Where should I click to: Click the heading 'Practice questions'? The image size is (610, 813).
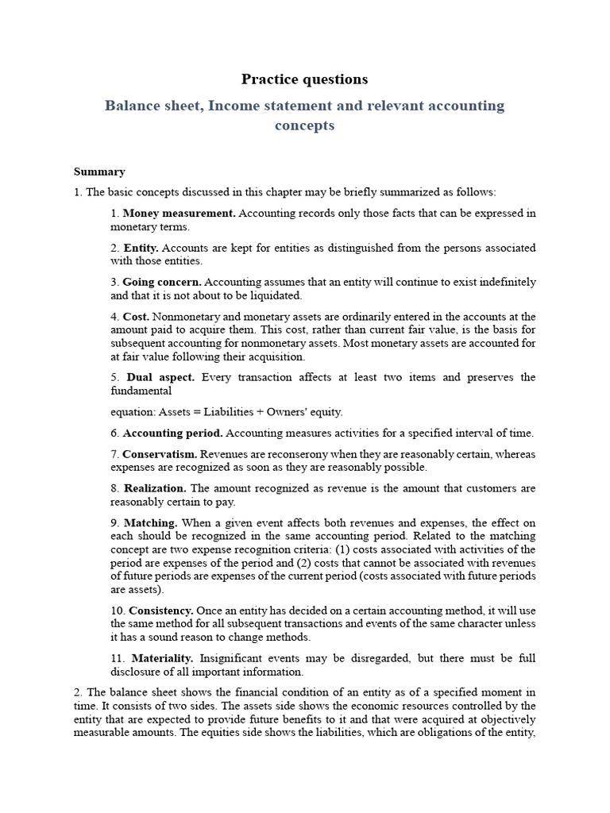click(305, 79)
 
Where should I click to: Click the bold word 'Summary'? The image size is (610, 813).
click(99, 171)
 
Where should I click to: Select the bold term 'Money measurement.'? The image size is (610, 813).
click(180, 214)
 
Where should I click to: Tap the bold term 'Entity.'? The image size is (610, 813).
click(141, 248)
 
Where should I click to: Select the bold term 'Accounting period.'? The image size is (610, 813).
click(172, 433)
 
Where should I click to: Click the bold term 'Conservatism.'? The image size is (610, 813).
click(160, 453)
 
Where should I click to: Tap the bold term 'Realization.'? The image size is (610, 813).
click(155, 487)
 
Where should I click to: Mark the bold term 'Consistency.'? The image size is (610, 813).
click(161, 611)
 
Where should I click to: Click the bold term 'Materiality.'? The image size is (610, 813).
click(162, 658)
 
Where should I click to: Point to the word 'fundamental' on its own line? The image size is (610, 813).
click(141, 391)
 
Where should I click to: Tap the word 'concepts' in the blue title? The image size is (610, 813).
click(305, 125)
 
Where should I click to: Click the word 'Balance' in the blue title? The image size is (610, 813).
click(132, 106)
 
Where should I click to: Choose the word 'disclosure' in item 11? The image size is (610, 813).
click(137, 672)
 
